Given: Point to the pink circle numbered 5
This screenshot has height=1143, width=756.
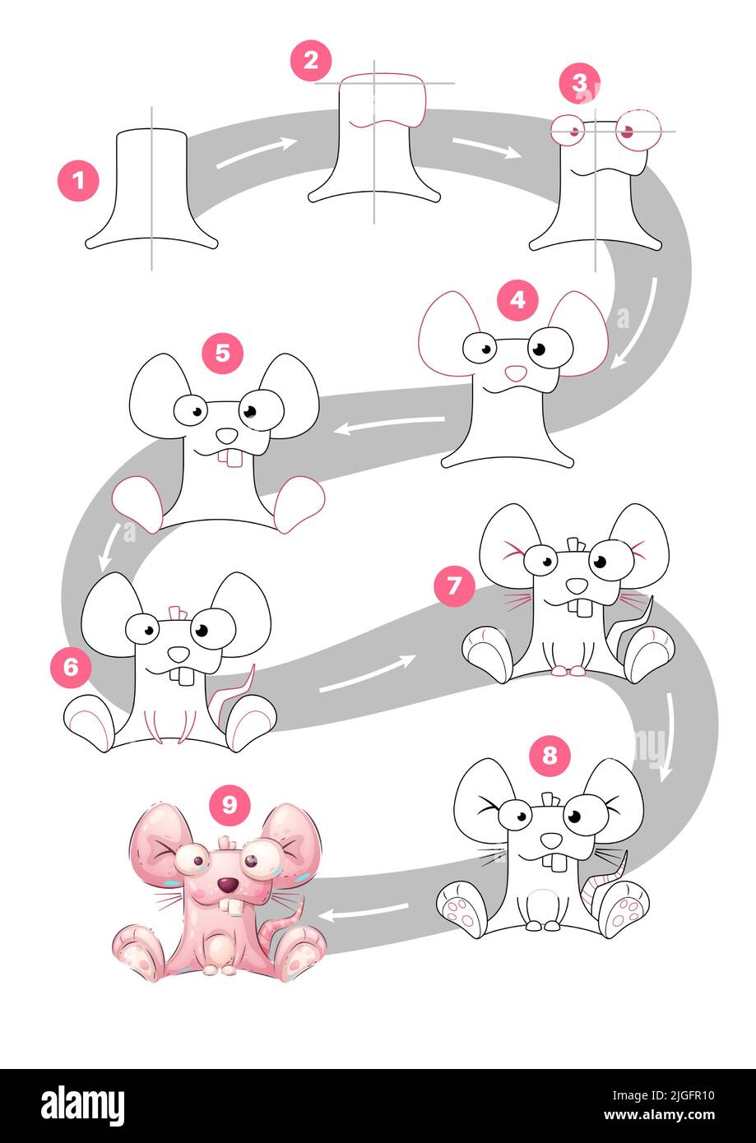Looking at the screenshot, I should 223,354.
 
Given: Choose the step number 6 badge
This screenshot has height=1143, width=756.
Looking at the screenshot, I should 71,667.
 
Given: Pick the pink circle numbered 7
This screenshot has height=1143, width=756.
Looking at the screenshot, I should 455,586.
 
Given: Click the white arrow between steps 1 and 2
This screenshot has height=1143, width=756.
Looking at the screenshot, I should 256,153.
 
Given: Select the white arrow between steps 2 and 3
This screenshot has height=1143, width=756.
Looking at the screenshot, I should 486,147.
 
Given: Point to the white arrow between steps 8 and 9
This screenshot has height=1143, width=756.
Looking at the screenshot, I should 363,911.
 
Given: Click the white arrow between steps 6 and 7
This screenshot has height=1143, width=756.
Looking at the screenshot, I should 366,673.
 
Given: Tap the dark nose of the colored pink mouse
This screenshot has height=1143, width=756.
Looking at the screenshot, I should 229,885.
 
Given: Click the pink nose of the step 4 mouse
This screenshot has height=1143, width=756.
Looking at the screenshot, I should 516,373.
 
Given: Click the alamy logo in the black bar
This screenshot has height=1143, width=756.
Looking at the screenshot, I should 82,1105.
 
